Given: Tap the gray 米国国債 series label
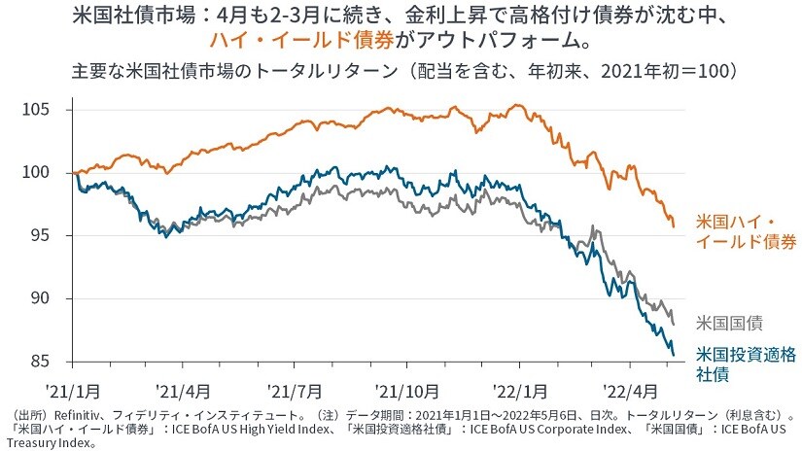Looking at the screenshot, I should click(729, 322).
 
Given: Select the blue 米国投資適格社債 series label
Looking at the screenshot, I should click(744, 363).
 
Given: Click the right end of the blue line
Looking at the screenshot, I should click(675, 356).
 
